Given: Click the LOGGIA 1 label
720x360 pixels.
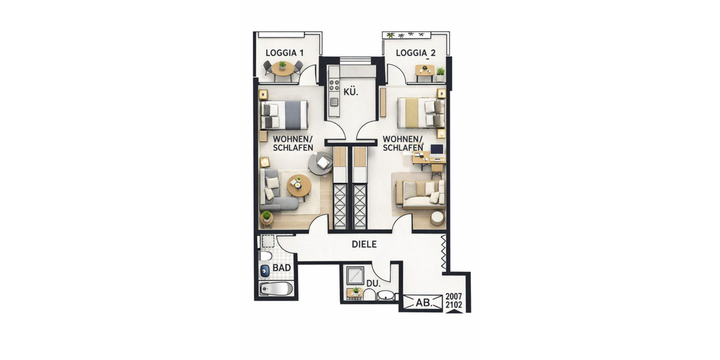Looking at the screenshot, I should click(x=284, y=53).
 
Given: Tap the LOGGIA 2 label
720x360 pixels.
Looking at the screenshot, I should click(x=415, y=53).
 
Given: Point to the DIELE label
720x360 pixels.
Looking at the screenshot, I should click(x=364, y=244).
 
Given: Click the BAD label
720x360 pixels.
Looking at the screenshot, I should click(x=281, y=268).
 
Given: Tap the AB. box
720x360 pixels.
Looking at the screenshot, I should click(x=423, y=303).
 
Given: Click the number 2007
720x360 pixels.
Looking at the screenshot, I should click(x=454, y=296).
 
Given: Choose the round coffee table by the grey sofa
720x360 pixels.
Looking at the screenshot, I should click(x=299, y=186).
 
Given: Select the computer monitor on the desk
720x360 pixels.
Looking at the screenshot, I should click(x=437, y=149).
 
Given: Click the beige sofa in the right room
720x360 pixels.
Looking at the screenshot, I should click(x=419, y=193).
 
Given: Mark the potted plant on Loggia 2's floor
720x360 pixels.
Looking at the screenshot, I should click(x=440, y=73).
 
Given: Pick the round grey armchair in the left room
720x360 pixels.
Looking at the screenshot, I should click(x=320, y=163).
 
